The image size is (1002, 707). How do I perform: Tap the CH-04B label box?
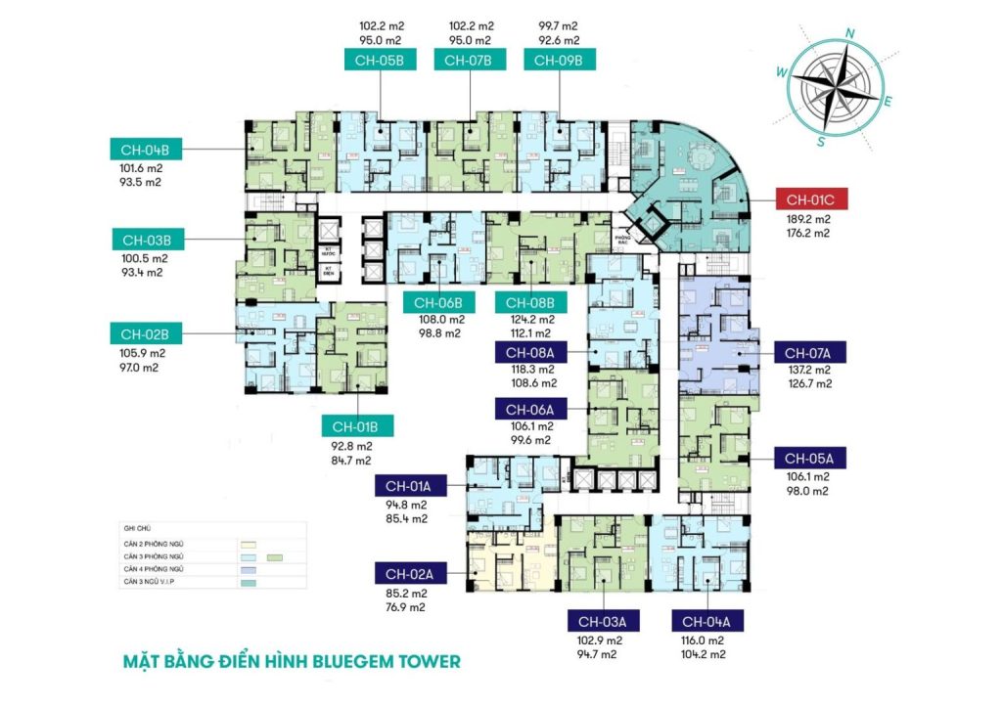(x=146, y=151)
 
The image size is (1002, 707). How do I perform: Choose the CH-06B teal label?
(x=439, y=301)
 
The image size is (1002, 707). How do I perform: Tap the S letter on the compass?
(x=823, y=140)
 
